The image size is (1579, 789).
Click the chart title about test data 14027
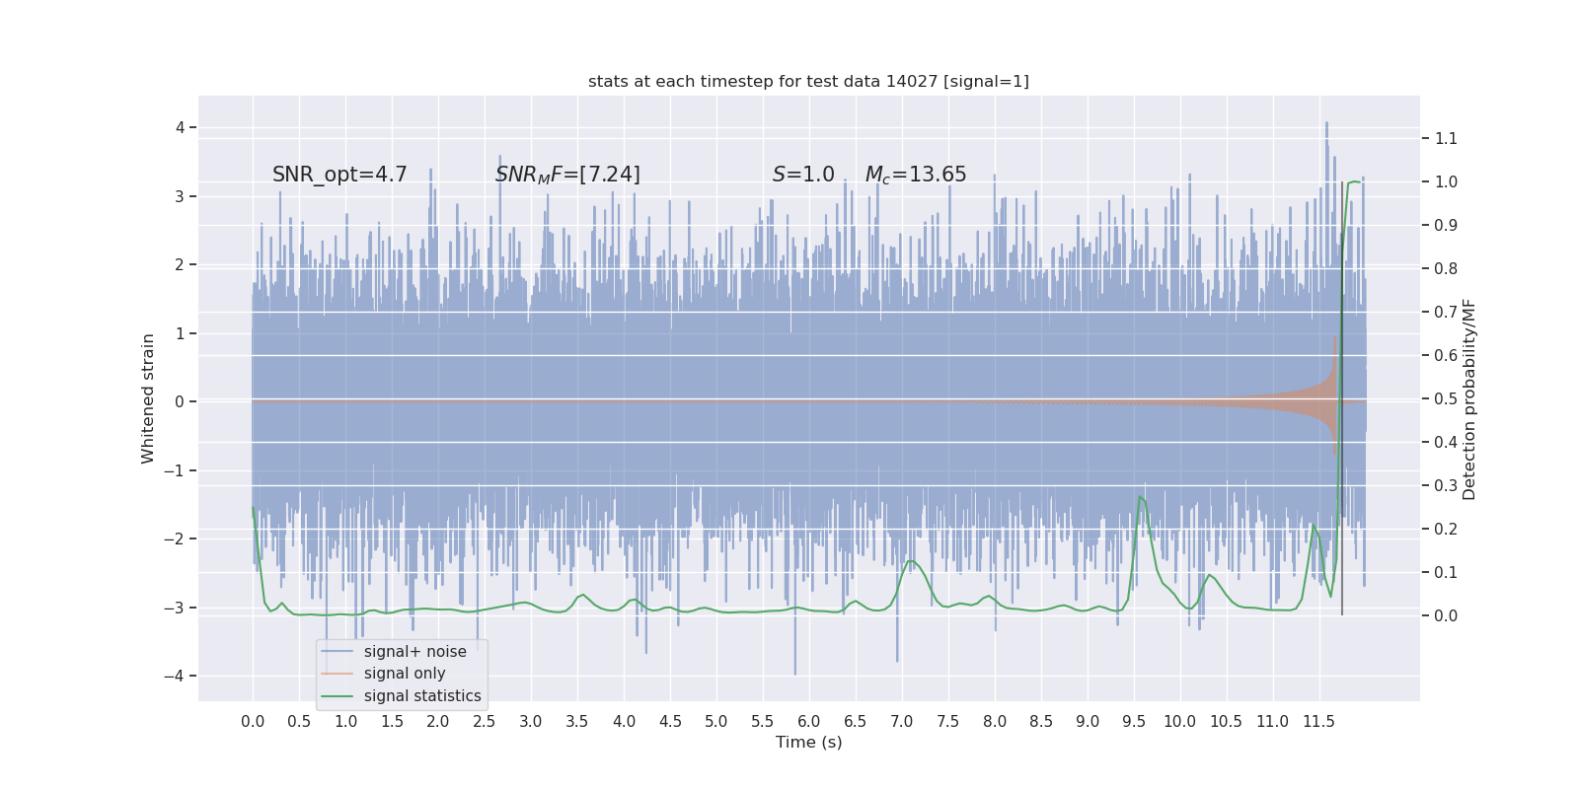tap(808, 81)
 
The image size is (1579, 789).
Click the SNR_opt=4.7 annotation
tap(339, 175)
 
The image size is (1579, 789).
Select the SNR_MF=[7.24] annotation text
tap(567, 175)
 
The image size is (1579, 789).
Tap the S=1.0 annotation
tap(803, 175)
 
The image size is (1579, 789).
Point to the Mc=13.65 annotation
tap(916, 175)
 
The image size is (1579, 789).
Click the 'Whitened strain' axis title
tap(148, 398)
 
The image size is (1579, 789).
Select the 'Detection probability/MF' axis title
tap(1469, 399)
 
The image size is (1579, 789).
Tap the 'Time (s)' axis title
tap(808, 742)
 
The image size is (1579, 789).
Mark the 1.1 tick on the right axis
tap(1446, 138)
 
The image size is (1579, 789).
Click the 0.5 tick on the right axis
tap(1446, 398)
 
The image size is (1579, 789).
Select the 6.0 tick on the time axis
tap(808, 721)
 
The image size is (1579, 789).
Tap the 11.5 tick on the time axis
tap(1318, 721)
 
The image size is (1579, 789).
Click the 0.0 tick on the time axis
tap(253, 721)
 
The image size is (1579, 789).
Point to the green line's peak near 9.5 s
tap(1140, 496)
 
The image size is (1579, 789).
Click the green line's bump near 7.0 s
tap(910, 561)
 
